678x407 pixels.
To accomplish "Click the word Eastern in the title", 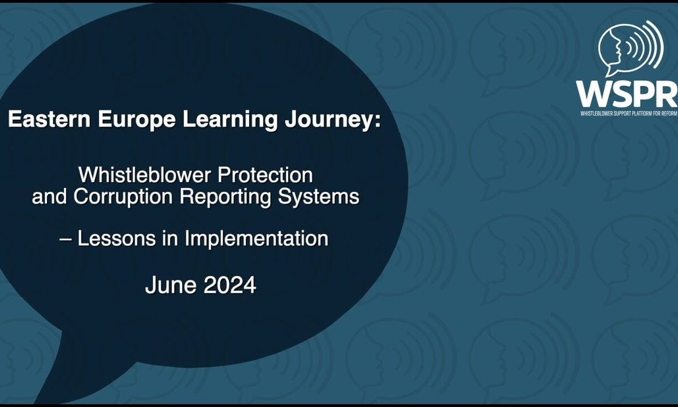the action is click(49, 119).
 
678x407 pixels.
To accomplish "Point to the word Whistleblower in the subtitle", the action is click(146, 175).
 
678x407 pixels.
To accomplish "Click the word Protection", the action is click(266, 175).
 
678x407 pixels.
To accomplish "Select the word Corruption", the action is click(123, 198).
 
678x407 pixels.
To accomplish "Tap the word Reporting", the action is click(225, 198).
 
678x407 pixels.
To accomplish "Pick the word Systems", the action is click(319, 198).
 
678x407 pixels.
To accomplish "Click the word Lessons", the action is click(117, 239).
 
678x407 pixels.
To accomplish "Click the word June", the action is click(171, 285).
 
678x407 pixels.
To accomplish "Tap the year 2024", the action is click(230, 285).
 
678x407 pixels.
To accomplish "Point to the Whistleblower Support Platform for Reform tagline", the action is click(628, 114).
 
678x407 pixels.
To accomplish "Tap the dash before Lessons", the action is click(66, 239).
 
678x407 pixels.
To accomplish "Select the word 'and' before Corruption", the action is click(49, 197).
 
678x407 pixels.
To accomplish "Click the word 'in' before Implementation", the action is click(171, 239).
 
